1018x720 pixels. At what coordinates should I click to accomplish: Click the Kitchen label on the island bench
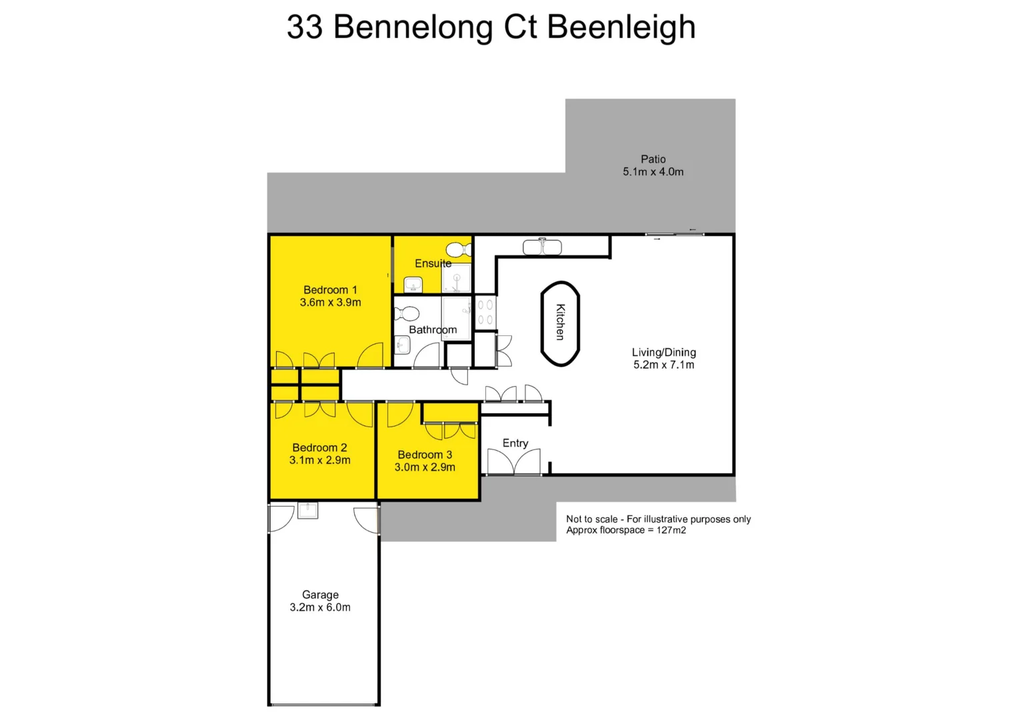coord(561,322)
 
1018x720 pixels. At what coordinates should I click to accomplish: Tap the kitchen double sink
coord(542,247)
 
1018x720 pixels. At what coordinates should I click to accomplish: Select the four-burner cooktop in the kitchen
coord(485,313)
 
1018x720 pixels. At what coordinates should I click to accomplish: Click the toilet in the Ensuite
coord(459,250)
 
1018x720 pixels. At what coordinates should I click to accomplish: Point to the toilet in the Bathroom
coord(406,313)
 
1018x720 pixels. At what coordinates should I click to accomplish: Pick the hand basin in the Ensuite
coord(413,285)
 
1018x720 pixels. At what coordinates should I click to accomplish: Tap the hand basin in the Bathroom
coord(402,345)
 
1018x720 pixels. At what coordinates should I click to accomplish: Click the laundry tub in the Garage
coord(307,511)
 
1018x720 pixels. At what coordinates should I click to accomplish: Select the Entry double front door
coord(513,462)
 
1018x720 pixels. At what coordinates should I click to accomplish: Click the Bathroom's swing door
coord(427,356)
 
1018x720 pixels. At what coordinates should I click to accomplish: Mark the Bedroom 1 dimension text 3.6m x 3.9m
coord(330,303)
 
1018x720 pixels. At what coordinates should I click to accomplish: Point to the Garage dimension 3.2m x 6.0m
coord(320,607)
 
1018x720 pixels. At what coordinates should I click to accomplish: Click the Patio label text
coord(653,159)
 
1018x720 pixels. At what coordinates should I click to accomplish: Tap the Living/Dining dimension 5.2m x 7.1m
coord(663,365)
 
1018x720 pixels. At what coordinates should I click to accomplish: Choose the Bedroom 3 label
coord(425,455)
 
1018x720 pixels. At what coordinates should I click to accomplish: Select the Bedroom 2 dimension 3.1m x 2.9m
coord(319,460)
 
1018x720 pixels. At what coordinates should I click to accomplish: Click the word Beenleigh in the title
coord(621,27)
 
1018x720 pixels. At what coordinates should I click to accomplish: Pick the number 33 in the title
coord(305,27)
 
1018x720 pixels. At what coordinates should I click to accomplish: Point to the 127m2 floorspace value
coord(671,531)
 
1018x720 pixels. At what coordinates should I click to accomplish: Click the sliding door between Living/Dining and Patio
coord(674,234)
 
